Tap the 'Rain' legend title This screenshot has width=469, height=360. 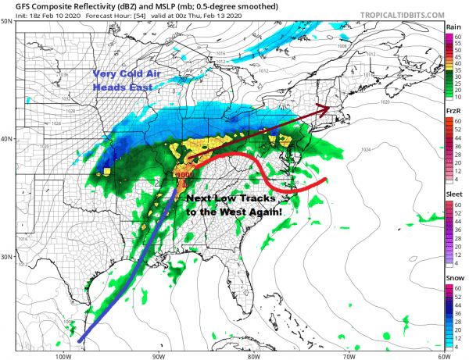(453, 27)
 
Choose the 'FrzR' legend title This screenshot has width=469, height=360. (453, 112)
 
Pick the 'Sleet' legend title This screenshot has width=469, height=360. (453, 196)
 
